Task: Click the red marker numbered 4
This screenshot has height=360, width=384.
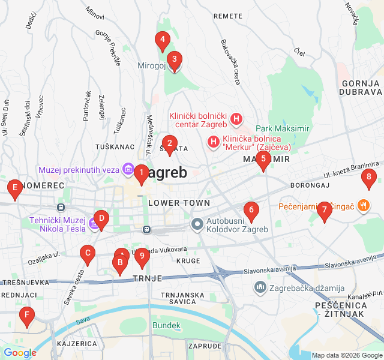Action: point(161,41)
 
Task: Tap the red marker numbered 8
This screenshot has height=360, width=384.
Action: point(369,177)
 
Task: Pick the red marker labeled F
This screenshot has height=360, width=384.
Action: point(26,315)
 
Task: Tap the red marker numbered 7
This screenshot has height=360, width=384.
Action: point(324,210)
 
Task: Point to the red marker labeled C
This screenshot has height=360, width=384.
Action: point(88,254)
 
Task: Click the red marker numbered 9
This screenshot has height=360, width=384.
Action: point(142,256)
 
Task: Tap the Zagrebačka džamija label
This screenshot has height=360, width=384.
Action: point(305,288)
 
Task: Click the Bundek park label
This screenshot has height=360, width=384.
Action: point(166,325)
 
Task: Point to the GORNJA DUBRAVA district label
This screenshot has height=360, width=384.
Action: point(360,88)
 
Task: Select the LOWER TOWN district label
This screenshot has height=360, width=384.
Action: point(179,203)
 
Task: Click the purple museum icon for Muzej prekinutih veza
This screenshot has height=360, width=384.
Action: point(127,170)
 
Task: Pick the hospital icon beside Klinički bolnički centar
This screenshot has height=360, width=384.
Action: point(236,119)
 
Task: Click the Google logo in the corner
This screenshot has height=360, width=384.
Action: point(20,353)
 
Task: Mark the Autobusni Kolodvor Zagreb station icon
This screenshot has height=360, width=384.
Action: point(197,224)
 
